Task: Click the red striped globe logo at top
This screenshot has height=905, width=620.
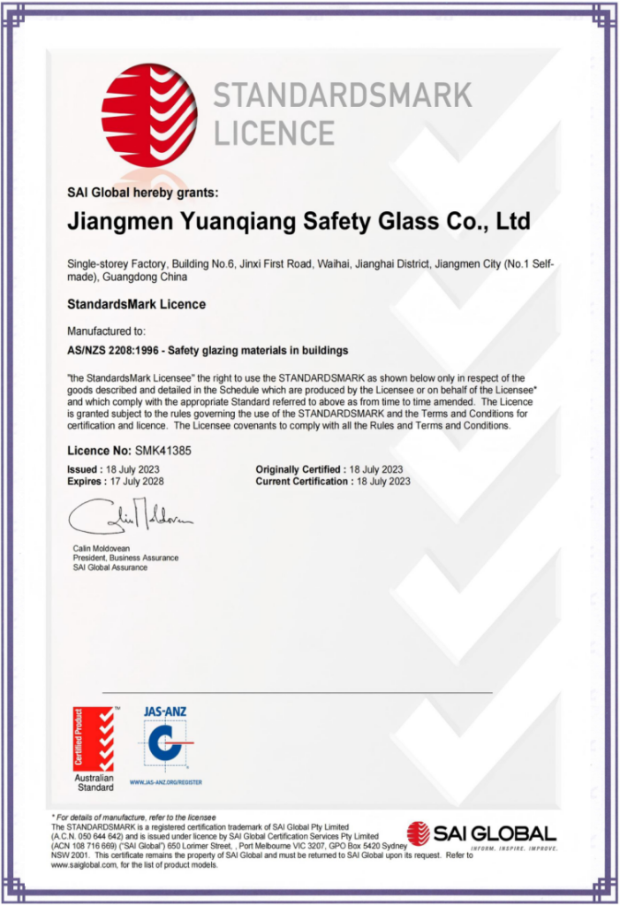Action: tap(149, 114)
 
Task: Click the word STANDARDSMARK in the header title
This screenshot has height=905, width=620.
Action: tap(343, 95)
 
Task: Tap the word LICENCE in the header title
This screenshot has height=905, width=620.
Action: tap(274, 133)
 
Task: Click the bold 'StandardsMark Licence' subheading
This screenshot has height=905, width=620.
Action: tap(136, 304)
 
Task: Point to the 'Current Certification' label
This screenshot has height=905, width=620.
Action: tap(303, 482)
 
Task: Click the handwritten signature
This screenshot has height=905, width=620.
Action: tap(130, 519)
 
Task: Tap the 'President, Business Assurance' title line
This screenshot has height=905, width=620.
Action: tap(125, 559)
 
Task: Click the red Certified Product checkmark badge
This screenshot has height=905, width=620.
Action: tap(94, 739)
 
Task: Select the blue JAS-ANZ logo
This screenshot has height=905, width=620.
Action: tap(164, 738)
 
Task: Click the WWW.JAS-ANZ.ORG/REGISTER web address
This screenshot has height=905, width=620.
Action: tap(166, 782)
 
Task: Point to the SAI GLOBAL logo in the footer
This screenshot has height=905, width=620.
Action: tap(482, 833)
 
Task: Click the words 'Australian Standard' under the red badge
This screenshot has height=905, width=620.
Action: tap(94, 782)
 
